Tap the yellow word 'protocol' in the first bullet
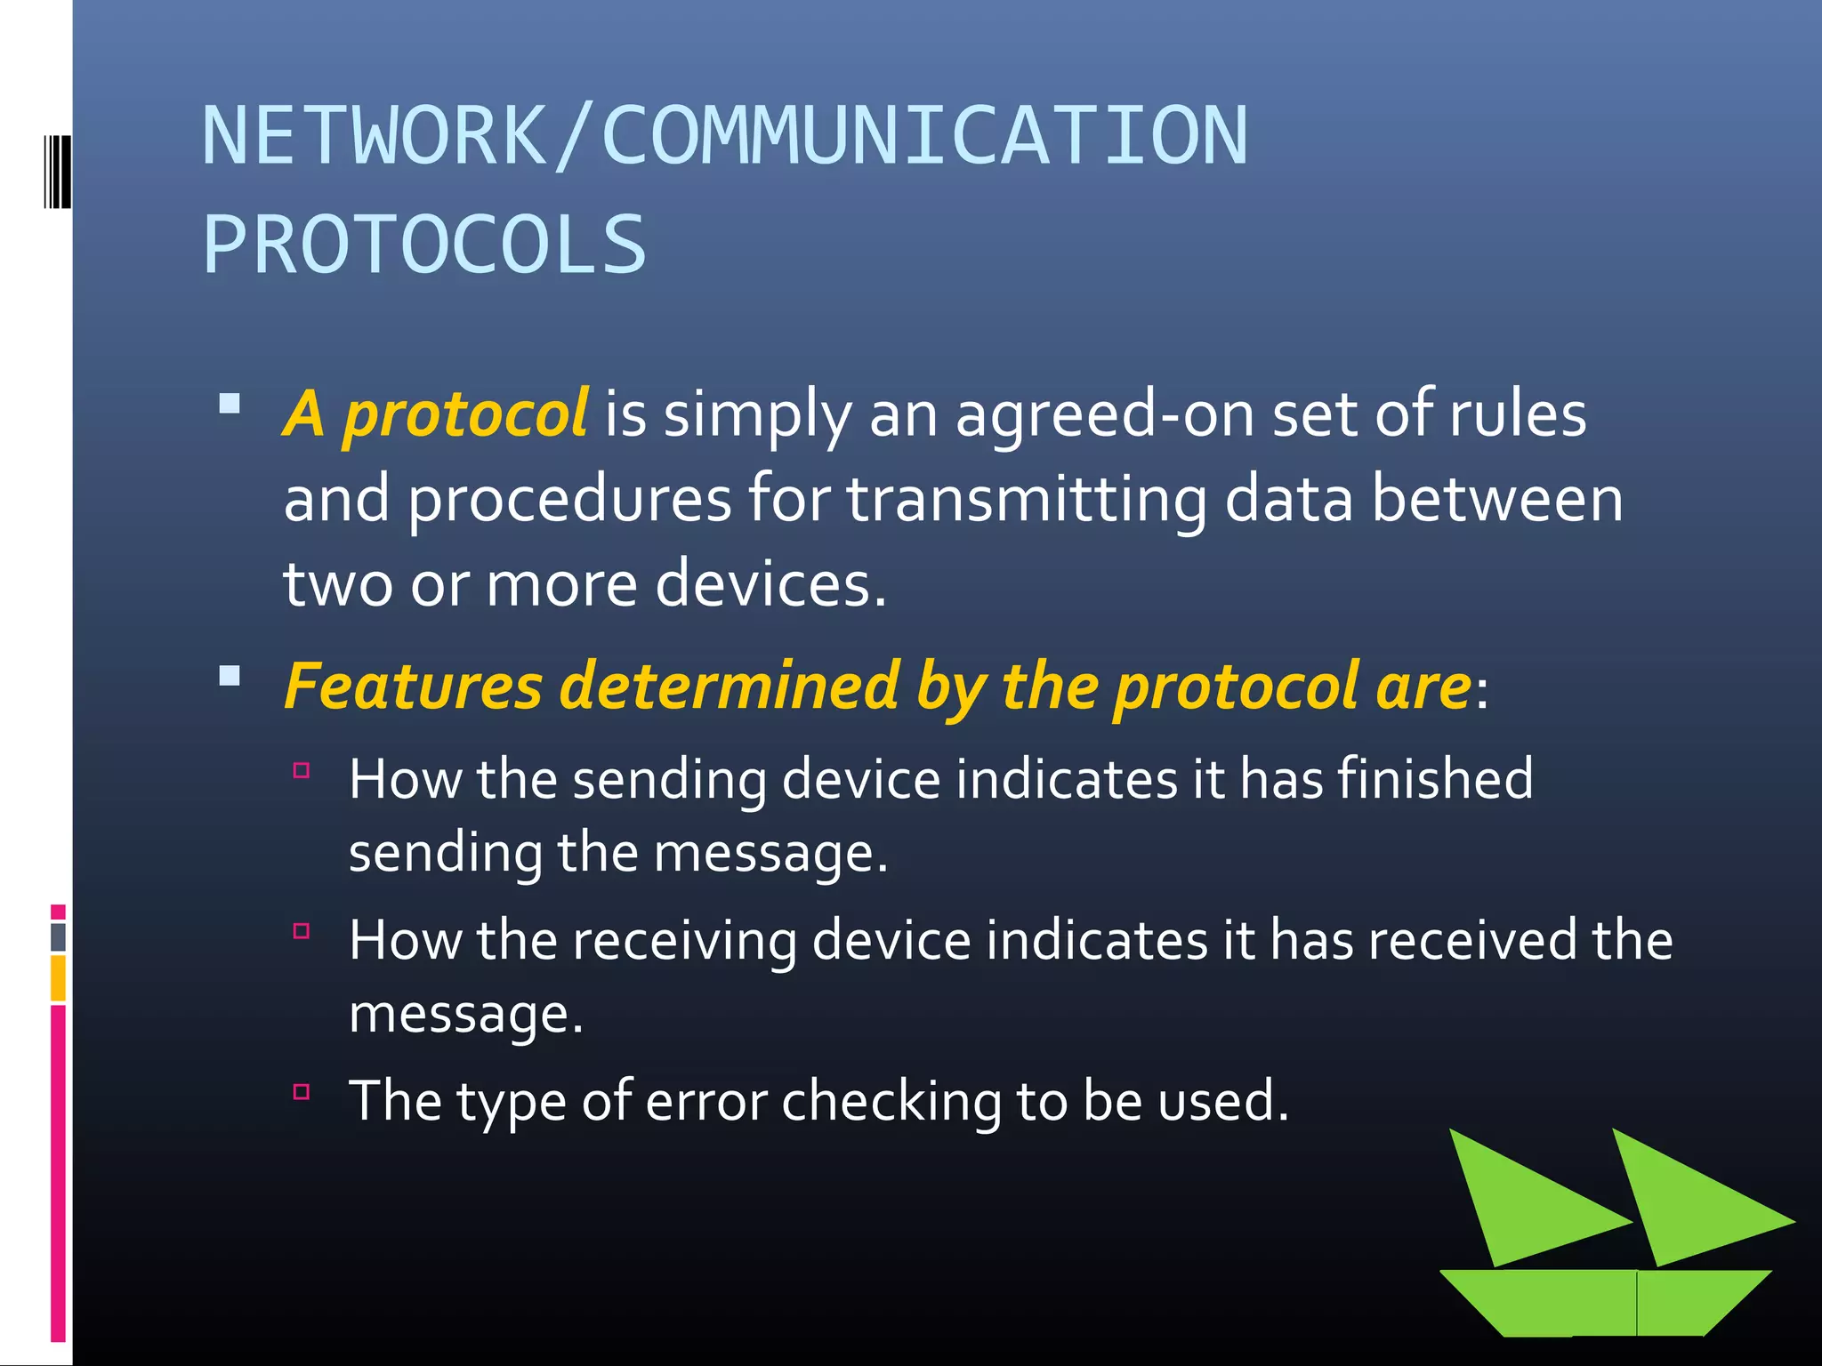(465, 414)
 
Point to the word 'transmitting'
(1026, 500)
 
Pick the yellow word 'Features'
(414, 687)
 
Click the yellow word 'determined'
(730, 687)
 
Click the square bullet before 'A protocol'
(230, 404)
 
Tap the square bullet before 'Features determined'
(230, 676)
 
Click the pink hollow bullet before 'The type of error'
(302, 1092)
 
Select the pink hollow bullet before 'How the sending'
(302, 770)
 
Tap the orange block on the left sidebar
(58, 977)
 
